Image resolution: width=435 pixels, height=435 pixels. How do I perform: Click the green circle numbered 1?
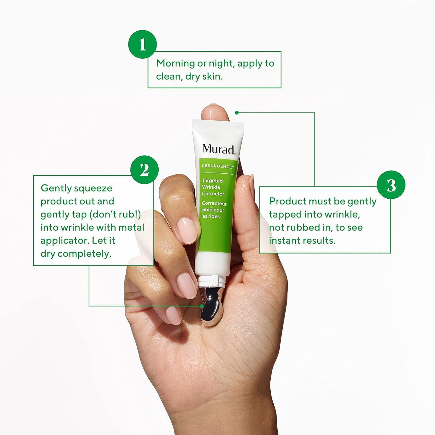pyautogui.click(x=142, y=44)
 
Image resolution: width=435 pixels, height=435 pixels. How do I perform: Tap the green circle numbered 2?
pyautogui.click(x=144, y=170)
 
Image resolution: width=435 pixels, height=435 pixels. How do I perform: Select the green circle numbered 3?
pyautogui.click(x=391, y=185)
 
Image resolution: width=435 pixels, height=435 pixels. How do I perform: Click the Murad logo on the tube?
pyautogui.click(x=219, y=149)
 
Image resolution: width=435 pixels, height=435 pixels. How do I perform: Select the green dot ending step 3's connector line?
pyautogui.click(x=237, y=113)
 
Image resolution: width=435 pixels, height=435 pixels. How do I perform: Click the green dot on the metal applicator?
pyautogui.click(x=202, y=306)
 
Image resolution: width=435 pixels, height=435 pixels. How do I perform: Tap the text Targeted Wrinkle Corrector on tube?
pyautogui.click(x=213, y=187)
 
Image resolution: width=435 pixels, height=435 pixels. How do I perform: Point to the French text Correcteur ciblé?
pyautogui.click(x=213, y=207)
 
